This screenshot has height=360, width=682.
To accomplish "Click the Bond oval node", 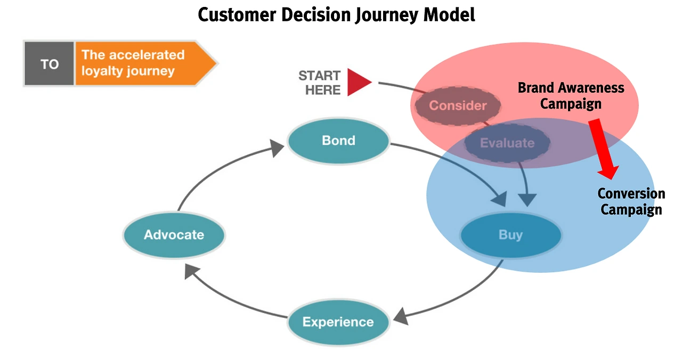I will pos(338,141).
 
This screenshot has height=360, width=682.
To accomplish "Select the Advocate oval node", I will pos(174,235).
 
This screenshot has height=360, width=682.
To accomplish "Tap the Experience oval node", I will pos(338,322).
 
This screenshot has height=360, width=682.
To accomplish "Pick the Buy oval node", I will pos(510,235).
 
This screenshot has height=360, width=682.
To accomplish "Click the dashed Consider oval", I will pos(458,105).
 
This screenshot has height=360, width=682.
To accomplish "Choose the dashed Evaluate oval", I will pos(507,143).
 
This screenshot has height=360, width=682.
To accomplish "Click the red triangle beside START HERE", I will pos(358,82).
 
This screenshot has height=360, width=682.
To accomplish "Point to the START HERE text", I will pos(319,83).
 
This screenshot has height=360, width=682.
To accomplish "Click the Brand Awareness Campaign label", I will pos(571,95).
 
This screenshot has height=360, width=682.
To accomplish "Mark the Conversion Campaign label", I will pos(631,201).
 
